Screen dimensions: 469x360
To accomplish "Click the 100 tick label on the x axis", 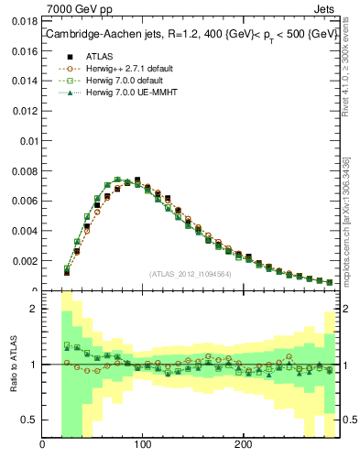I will [x=142, y=445].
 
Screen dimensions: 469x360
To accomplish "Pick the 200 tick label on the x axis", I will [x=242, y=445].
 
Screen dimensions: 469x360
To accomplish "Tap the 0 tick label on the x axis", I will [x=42, y=445].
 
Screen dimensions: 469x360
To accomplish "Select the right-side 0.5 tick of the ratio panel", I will [x=349, y=420].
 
